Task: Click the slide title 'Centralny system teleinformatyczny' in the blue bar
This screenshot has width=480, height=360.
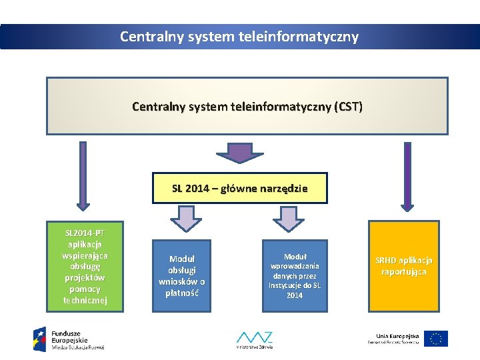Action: (x=239, y=37)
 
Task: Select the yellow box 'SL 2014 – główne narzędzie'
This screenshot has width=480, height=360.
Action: (x=240, y=188)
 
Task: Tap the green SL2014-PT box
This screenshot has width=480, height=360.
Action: (x=84, y=267)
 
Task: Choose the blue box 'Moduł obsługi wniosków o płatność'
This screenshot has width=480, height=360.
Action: (x=181, y=275)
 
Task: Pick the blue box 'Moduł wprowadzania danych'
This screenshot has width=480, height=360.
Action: (x=295, y=275)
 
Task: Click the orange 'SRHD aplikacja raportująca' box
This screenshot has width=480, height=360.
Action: (x=403, y=266)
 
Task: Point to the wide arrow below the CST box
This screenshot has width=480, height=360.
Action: (x=239, y=152)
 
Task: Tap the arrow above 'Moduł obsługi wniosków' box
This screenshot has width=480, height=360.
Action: (x=186, y=218)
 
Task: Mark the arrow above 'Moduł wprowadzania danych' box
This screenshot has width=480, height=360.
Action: (x=288, y=218)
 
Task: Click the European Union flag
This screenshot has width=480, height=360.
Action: (x=436, y=339)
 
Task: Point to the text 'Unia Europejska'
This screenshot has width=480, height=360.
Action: (x=397, y=335)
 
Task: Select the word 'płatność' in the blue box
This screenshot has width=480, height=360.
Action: (x=181, y=292)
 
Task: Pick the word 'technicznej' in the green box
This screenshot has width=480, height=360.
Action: (x=84, y=300)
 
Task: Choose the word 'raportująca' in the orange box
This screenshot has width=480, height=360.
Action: (x=403, y=271)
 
